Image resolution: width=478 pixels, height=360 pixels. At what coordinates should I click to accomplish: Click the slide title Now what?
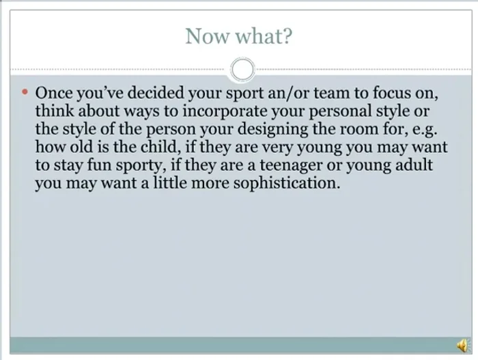[x=239, y=36]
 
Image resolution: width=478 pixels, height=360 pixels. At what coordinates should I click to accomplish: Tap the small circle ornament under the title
[x=242, y=69]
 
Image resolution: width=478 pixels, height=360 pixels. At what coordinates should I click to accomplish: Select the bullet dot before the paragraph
[x=25, y=91]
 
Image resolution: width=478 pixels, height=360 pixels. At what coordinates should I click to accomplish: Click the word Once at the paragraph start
[x=52, y=92]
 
